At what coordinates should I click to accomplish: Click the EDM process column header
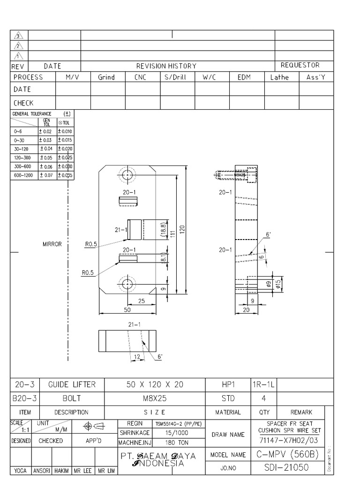click(x=244, y=77)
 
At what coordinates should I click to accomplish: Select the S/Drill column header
click(x=175, y=77)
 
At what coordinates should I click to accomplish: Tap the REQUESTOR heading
click(x=300, y=65)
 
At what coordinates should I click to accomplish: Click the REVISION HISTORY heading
click(x=166, y=66)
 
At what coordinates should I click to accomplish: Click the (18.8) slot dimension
click(x=162, y=231)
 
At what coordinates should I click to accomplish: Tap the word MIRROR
click(x=52, y=244)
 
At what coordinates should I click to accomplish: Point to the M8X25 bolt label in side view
click(x=240, y=175)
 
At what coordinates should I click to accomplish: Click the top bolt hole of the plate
click(x=127, y=176)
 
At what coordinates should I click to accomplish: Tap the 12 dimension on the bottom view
click(x=137, y=357)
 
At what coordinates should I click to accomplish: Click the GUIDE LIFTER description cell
click(x=72, y=385)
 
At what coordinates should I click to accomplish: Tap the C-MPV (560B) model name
click(x=288, y=454)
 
